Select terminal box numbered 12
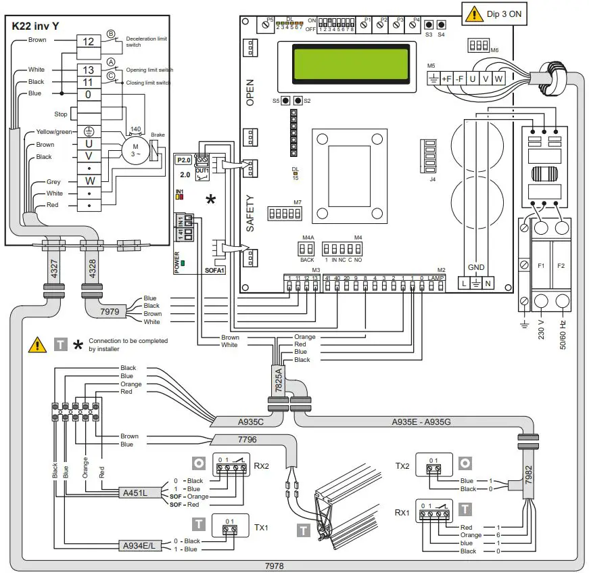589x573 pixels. [x=88, y=41]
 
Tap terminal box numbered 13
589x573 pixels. [x=88, y=70]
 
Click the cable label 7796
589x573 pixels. [x=248, y=440]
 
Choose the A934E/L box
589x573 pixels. [x=141, y=545]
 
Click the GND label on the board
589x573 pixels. [x=477, y=267]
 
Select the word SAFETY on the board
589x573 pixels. [x=250, y=213]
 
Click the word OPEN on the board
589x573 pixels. [x=250, y=91]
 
